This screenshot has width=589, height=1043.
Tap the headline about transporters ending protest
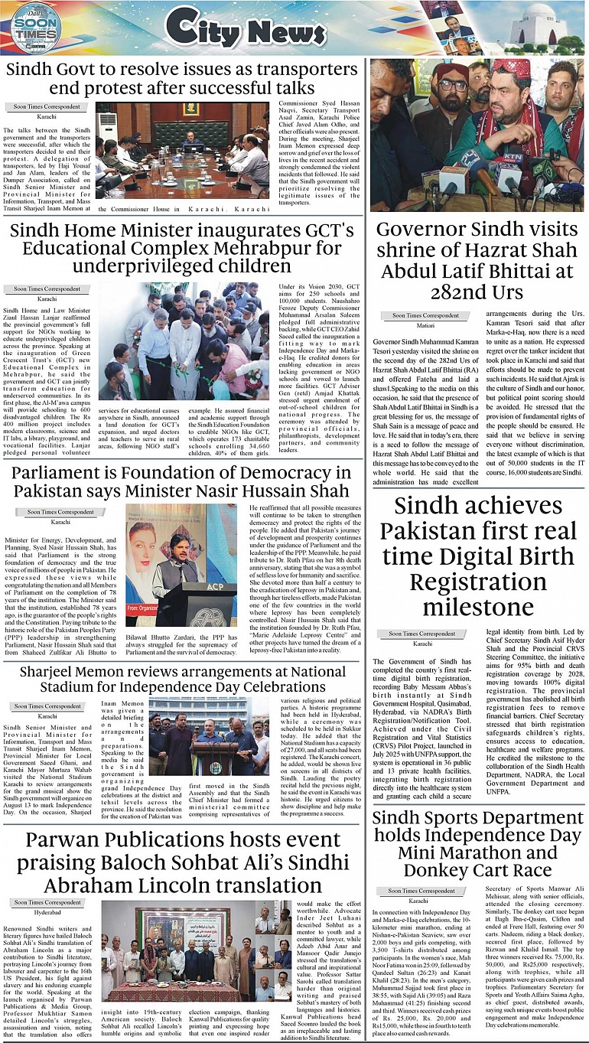(181, 78)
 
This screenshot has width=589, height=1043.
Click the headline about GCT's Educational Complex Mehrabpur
(182, 248)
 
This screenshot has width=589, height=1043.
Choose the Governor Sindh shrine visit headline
(477, 260)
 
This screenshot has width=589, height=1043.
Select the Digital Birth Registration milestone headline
(477, 556)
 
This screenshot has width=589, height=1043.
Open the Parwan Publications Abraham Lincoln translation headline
(181, 862)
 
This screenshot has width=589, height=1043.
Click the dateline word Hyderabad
(47, 912)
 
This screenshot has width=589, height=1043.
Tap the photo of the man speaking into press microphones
(477, 135)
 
